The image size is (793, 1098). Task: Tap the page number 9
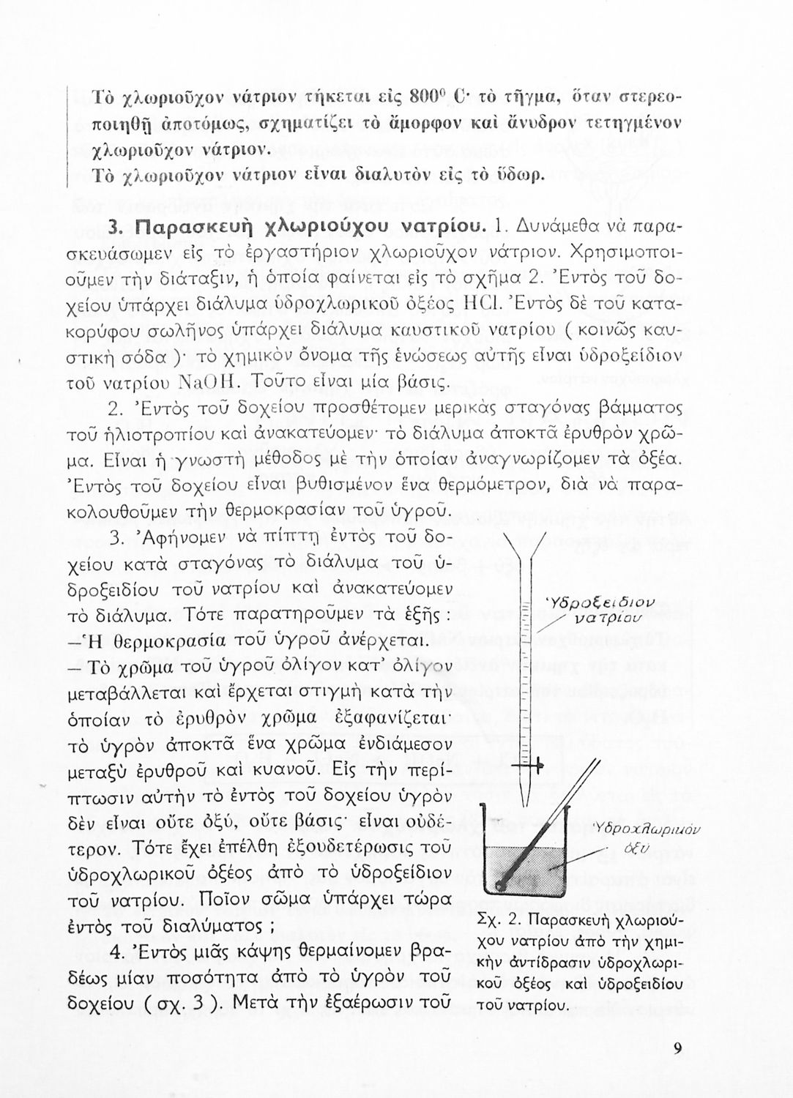[678, 1049]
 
